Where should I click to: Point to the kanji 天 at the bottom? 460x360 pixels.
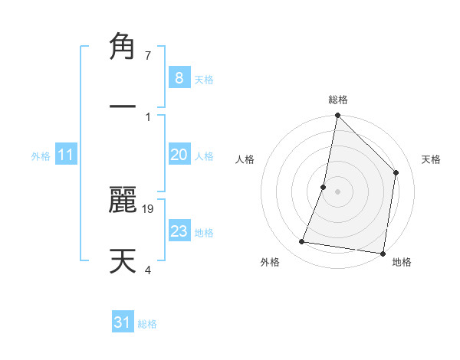point(123,261)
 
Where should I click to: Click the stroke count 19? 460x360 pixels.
point(149,208)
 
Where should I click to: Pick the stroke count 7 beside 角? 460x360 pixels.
point(148,56)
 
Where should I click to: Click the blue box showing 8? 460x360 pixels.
point(179,78)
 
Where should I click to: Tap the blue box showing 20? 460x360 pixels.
point(179,155)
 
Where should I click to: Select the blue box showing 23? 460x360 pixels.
point(179,231)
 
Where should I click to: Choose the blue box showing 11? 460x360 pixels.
point(66,155)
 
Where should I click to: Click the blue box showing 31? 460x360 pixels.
point(123,322)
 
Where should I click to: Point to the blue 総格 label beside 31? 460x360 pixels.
point(147,324)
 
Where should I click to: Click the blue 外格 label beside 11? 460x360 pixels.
point(41,155)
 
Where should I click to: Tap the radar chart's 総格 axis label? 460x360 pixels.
point(337,100)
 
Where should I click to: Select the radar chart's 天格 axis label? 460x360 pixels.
point(431,159)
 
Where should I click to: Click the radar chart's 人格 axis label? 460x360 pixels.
point(245,159)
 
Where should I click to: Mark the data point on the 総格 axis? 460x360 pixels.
point(337,116)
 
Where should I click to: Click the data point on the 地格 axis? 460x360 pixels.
point(383,253)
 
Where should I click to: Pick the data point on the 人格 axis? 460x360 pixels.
point(324,187)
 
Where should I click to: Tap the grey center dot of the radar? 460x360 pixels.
point(337,191)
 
